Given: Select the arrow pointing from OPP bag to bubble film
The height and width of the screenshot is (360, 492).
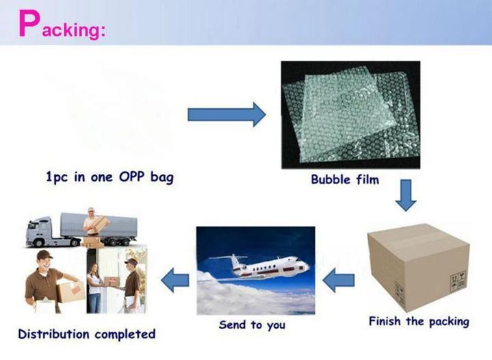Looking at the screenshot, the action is (226, 114).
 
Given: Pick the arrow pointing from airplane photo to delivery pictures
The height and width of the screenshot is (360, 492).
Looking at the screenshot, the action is (174, 279).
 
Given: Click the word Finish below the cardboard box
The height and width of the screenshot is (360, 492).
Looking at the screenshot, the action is (387, 321).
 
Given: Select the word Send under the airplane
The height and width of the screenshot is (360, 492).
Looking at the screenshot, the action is (233, 324).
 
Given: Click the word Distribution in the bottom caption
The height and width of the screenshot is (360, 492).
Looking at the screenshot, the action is (54, 335).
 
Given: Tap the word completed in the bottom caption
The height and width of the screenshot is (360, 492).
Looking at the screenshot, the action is (124, 335).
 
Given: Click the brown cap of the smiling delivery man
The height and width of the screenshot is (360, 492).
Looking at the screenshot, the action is (44, 255).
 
